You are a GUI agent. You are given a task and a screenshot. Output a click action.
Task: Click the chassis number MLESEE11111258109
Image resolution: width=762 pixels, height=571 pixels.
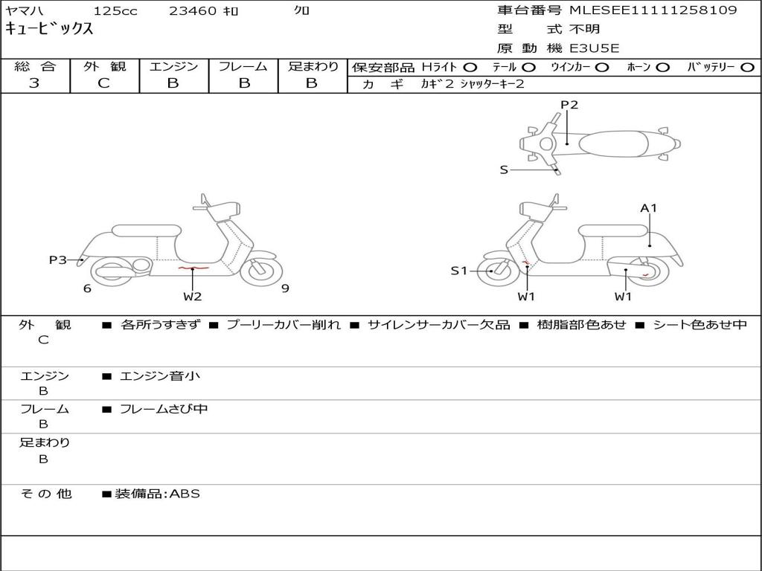[x=653, y=10]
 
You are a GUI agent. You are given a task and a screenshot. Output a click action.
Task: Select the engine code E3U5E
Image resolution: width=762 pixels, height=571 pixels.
[x=595, y=48]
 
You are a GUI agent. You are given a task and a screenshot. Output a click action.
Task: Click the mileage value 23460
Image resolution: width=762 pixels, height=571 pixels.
[x=192, y=11]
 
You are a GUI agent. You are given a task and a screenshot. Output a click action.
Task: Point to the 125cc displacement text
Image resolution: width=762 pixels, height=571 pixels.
[x=115, y=11]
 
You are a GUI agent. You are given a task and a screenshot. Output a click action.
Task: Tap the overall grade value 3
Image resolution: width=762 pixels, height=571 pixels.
[x=34, y=83]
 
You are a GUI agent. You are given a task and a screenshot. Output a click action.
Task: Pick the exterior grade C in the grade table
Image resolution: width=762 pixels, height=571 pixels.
[x=103, y=83]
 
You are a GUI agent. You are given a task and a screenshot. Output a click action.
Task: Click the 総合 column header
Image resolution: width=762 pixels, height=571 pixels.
[x=35, y=67]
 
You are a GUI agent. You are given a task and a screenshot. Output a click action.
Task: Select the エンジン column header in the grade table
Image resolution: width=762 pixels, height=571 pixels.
[x=173, y=67]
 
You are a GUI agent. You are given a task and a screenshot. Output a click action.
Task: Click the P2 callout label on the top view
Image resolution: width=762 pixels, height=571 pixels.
[x=569, y=105]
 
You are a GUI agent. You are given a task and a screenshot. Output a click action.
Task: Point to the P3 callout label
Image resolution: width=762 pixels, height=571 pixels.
[x=57, y=259]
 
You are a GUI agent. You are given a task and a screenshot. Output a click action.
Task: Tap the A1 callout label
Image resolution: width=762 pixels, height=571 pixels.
[x=649, y=208]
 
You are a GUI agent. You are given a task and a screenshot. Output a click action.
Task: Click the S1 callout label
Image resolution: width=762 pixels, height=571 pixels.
[x=459, y=271]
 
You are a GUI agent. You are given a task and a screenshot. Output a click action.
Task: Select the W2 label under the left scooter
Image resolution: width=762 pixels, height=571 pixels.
[x=193, y=297]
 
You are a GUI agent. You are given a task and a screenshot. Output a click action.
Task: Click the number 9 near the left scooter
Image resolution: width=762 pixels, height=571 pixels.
[x=285, y=288]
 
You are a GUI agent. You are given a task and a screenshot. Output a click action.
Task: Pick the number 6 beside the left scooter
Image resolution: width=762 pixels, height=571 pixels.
[x=87, y=288]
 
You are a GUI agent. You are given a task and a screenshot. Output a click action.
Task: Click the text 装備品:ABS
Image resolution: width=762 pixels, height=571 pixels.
[x=157, y=494]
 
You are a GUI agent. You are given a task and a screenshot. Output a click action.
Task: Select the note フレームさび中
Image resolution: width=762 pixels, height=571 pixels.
[x=164, y=409]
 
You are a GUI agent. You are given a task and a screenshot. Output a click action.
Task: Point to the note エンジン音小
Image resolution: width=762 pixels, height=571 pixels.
[x=160, y=376]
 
